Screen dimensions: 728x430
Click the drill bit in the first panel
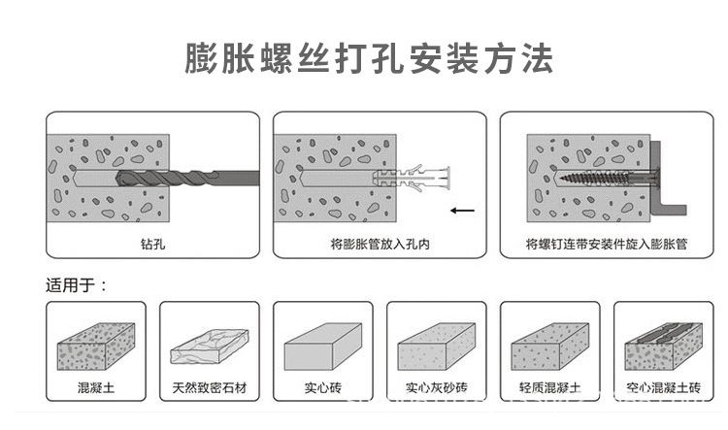click(x=194, y=180)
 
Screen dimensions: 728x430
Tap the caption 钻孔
click(x=153, y=246)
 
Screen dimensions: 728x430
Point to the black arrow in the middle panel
click(x=464, y=210)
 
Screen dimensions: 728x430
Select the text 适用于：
click(x=76, y=286)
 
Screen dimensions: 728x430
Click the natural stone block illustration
click(x=209, y=345)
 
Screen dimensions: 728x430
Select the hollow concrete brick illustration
click(x=662, y=345)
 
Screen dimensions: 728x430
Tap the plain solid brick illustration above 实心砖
click(x=322, y=345)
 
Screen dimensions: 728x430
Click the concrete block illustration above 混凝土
click(x=95, y=345)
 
